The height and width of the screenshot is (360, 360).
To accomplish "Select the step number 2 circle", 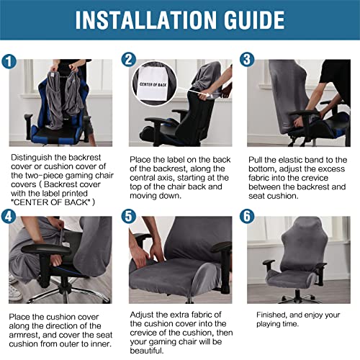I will [x=130, y=60].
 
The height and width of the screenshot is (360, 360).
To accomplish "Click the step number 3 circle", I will [x=246, y=60].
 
